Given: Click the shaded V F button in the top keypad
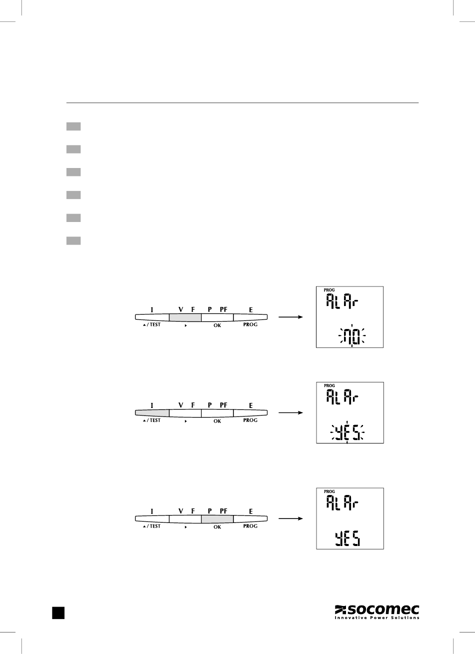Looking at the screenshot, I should coord(185,317).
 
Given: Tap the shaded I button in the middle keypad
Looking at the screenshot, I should coord(152,413).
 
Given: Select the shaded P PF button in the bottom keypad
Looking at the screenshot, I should coord(217,518).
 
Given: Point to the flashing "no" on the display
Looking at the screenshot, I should coord(352,335).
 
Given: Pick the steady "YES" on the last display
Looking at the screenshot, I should coord(347,538).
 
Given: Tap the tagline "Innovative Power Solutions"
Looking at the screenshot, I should coord(376,618).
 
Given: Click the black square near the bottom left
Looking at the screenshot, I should coord(58,613).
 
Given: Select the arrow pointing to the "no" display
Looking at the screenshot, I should coord(290,317).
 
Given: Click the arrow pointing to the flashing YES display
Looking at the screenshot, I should coord(290,413).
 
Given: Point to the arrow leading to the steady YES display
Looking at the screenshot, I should coord(290,518).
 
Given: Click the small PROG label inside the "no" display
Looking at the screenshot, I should coord(329,290).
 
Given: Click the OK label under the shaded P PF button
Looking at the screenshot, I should coord(217,527).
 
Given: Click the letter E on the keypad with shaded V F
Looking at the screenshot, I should coord(251,310).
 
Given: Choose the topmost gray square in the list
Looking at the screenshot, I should coord(73,126).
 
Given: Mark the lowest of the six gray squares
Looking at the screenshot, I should coord(73,241).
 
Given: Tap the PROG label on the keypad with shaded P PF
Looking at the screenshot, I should coord(250,526).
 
